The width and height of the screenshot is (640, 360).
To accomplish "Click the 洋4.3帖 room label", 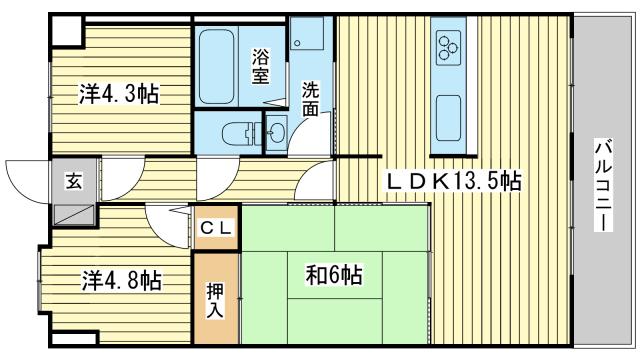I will (x=119, y=95).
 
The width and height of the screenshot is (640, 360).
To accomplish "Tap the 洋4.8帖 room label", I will (x=121, y=281).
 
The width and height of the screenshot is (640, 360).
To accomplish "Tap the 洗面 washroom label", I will (x=311, y=98).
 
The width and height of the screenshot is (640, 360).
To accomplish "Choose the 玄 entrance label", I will (x=75, y=181).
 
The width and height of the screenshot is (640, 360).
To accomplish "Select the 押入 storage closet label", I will (x=216, y=300).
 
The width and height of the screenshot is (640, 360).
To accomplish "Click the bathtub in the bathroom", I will (x=218, y=66).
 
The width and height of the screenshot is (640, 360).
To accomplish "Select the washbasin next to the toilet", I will (x=275, y=132).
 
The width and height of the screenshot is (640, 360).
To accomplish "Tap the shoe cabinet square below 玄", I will (x=74, y=213).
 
